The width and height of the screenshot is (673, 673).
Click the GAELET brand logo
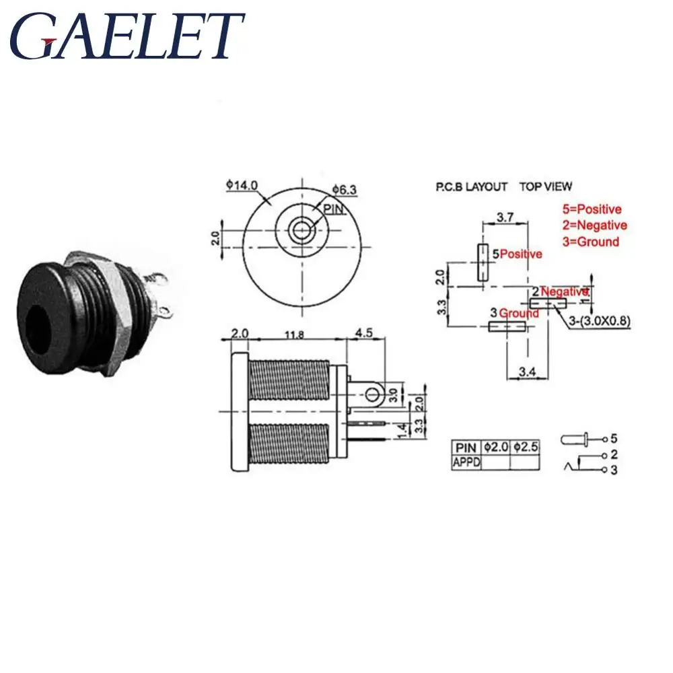(x=127, y=36)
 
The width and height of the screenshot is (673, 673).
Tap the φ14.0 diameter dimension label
(x=242, y=185)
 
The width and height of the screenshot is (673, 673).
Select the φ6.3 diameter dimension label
(x=344, y=189)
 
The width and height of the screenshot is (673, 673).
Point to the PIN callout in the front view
(x=334, y=209)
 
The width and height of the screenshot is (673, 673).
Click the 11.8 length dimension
(x=295, y=334)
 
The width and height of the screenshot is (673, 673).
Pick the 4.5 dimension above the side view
(x=364, y=333)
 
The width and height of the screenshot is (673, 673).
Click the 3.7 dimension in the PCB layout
(x=505, y=217)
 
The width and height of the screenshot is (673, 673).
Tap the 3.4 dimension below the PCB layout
(x=527, y=371)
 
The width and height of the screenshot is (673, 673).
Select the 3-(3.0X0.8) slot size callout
(x=600, y=321)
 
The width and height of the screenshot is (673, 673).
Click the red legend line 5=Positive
(x=592, y=209)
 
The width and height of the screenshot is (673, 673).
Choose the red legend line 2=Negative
(x=594, y=225)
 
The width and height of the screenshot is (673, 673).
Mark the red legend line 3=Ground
(x=591, y=242)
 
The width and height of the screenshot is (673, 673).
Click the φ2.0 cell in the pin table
(x=496, y=448)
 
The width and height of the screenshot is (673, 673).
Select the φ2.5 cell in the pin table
(x=526, y=448)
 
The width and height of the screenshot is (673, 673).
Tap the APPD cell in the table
(x=466, y=463)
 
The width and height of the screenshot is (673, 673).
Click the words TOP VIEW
(x=546, y=186)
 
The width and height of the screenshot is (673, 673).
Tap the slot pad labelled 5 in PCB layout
(x=483, y=262)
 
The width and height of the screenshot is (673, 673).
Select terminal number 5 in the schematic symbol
(x=614, y=439)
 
